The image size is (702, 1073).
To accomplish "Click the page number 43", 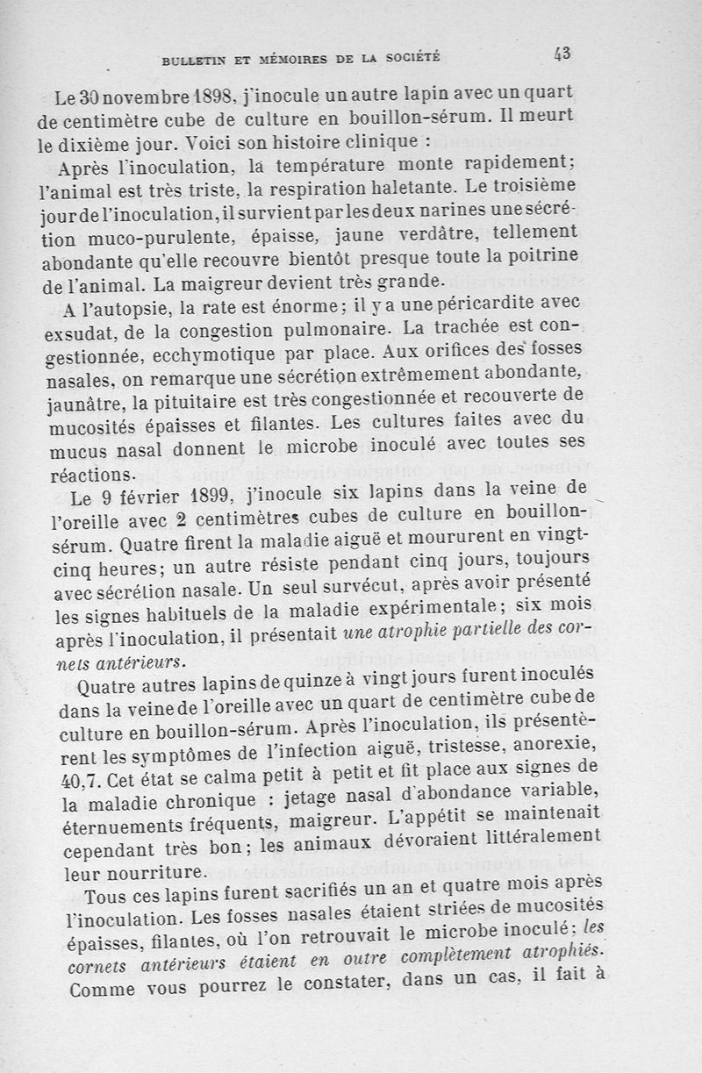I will click(562, 54).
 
